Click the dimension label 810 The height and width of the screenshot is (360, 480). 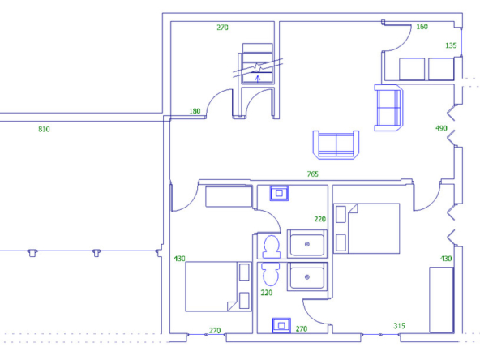coord(44,129)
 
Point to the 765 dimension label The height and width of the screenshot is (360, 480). coord(312,174)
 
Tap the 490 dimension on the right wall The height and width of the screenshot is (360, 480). coord(441,128)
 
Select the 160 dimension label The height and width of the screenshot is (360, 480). coord(422,27)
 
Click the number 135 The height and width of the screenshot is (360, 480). coord(451,45)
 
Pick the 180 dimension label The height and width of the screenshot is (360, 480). coord(195,111)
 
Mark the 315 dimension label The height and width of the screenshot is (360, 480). coord(399,326)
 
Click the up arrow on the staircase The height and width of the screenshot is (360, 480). coord(258,79)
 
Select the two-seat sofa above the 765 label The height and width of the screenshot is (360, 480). coord(336,144)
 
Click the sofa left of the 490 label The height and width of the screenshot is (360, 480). coord(388,108)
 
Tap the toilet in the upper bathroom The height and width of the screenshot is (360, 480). coord(272,246)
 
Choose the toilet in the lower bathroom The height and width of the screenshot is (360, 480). coord(270,273)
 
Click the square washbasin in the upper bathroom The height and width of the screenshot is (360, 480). coord(279,193)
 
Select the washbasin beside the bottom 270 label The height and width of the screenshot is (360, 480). coord(281,325)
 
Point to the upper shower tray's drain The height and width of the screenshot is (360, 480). coord(307,244)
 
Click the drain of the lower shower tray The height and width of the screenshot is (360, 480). coord(307,277)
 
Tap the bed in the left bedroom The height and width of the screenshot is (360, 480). coord(219,286)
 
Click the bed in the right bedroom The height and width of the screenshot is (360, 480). coord(366,229)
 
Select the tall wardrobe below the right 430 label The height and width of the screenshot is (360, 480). coord(441,300)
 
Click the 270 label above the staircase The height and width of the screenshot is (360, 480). coord(222,28)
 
